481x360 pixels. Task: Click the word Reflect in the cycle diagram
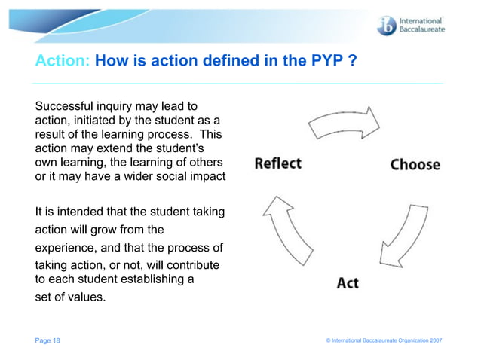(277, 163)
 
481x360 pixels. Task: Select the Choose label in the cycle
(415, 164)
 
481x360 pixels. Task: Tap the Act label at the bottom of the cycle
(348, 282)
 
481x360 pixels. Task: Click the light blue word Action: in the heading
(63, 61)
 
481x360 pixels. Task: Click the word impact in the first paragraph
(207, 176)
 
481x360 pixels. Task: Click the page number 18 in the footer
(56, 341)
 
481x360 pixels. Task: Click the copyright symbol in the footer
(329, 341)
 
